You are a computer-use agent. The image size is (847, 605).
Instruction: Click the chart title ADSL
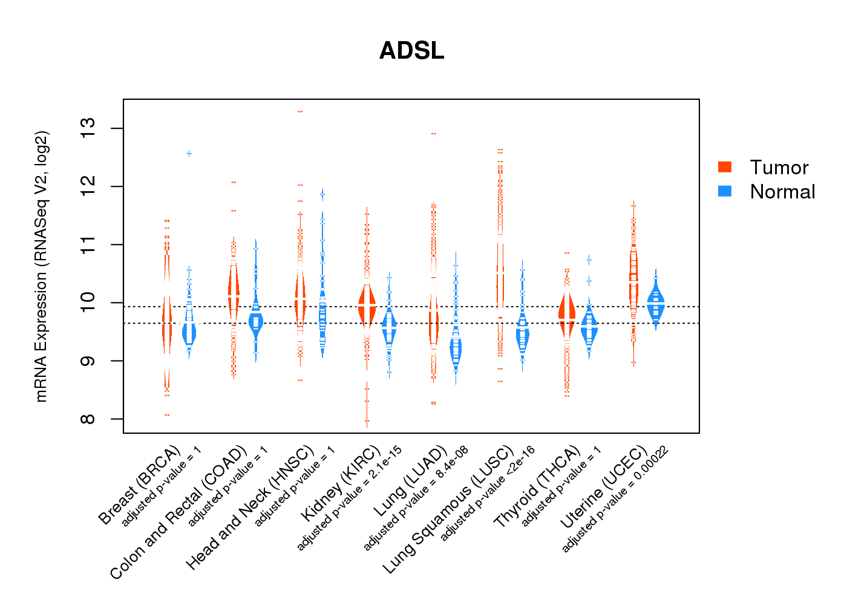tap(411, 51)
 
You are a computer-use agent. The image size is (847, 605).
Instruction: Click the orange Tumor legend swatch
tap(724, 167)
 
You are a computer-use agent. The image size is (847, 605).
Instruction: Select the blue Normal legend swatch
tap(724, 191)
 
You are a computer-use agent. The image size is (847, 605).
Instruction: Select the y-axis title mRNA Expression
tap(41, 266)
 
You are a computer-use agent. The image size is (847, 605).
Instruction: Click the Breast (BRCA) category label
tap(140, 485)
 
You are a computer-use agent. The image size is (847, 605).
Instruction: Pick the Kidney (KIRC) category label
tap(341, 483)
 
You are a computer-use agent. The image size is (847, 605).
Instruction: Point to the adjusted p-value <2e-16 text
tap(488, 494)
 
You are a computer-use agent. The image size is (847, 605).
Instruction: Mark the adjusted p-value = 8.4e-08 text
tap(416, 500)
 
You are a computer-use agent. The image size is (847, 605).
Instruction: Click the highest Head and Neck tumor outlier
tap(300, 112)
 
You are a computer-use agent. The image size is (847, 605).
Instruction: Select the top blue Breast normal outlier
tap(189, 154)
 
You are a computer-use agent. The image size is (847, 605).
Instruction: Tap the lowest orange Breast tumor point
tap(166, 415)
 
